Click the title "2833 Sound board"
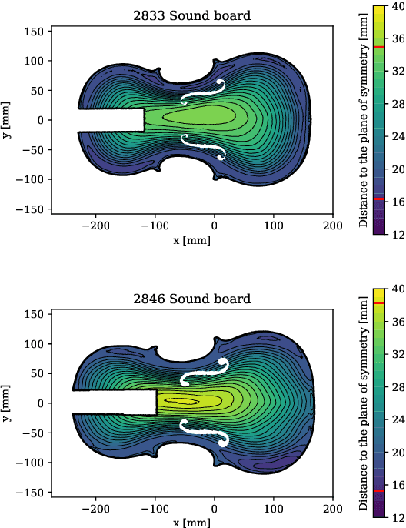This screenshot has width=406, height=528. pos(191,15)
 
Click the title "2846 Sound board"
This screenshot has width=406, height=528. pos(191,299)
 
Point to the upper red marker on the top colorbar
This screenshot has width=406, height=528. pos(378,48)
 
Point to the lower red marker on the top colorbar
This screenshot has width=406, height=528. pos(378,199)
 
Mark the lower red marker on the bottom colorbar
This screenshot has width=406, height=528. pos(378,490)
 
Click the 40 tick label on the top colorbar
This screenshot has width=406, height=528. pos(398,7)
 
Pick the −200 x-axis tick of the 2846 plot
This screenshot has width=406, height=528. pos(96,510)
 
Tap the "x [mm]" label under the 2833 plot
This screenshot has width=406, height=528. pos(191,240)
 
